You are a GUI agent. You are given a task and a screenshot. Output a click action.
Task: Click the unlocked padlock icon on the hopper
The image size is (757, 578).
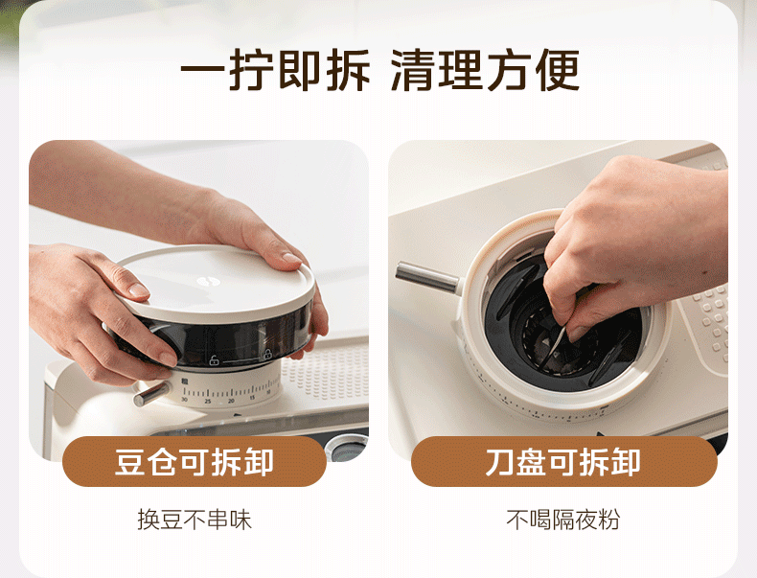tap(214, 360)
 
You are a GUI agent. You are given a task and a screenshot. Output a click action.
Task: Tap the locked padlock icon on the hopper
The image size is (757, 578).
tap(267, 354)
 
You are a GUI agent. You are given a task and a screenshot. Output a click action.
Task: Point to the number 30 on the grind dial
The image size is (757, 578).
tap(184, 400)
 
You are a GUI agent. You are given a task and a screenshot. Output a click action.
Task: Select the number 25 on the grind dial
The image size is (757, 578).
tap(208, 402)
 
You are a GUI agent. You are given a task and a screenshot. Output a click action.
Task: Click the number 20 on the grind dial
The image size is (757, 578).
tap(231, 401)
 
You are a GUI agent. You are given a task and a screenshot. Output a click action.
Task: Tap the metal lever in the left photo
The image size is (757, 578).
tap(151, 394)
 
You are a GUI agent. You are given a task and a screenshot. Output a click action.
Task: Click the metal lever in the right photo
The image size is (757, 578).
tap(427, 277)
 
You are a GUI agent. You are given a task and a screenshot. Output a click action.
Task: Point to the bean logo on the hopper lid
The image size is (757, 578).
tap(209, 281)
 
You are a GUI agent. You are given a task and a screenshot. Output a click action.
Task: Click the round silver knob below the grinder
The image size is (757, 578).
tap(346, 447)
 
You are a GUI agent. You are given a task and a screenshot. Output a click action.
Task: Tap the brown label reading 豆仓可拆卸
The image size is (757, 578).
tap(195, 461)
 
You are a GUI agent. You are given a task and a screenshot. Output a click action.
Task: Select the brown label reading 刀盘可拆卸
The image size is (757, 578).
tap(563, 461)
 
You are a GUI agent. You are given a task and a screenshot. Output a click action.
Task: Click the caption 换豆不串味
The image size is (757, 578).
tap(195, 520)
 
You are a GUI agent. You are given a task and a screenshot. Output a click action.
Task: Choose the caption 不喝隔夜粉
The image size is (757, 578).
tap(562, 520)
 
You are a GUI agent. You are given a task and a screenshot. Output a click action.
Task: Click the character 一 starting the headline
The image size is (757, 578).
tap(203, 71)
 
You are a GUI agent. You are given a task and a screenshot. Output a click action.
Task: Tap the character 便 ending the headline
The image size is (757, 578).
tap(558, 70)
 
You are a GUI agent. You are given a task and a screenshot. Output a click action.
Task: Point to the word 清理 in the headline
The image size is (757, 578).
tap(436, 70)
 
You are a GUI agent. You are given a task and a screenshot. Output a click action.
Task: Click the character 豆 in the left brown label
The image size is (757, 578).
tap(130, 462)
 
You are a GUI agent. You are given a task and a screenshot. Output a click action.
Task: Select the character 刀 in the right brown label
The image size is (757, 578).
tap(499, 462)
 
